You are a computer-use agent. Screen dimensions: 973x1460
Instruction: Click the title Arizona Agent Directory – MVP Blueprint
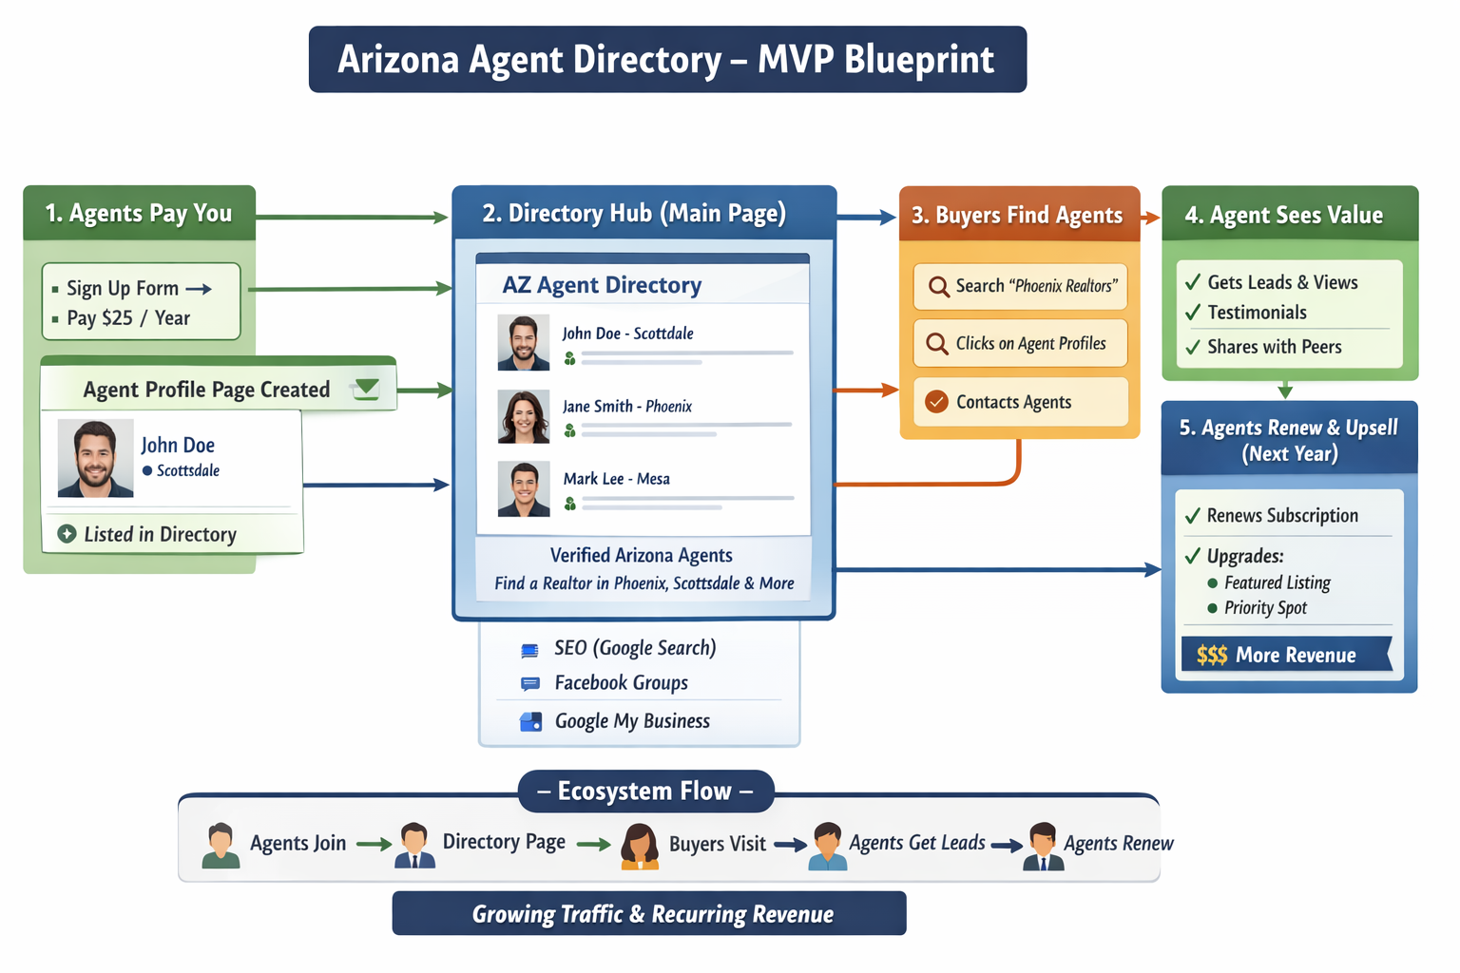click(667, 59)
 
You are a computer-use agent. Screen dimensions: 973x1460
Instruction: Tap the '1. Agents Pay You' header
click(139, 213)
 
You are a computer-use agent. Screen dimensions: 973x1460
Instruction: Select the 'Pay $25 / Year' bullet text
click(128, 318)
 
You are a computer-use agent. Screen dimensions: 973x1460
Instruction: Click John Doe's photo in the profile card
click(95, 458)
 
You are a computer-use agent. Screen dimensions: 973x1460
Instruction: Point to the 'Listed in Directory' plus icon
click(67, 534)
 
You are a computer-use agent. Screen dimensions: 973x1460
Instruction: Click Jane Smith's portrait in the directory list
click(523, 416)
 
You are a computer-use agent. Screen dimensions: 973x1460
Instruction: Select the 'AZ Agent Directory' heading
click(602, 285)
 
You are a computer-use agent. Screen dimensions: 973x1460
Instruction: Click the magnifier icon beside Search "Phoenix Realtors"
click(938, 286)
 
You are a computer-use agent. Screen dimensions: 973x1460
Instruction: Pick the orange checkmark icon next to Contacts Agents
click(936, 402)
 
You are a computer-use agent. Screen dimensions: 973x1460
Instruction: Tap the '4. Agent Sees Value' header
click(1283, 215)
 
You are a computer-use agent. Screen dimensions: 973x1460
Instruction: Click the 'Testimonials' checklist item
click(1257, 313)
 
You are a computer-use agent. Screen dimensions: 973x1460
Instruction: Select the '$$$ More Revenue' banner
click(1284, 655)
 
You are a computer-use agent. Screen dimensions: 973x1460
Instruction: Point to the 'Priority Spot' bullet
click(1265, 608)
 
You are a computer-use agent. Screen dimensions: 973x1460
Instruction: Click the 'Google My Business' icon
click(530, 721)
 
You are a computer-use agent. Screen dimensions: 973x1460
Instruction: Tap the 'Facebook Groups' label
click(621, 683)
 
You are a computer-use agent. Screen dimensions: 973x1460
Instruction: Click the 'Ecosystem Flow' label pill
click(645, 791)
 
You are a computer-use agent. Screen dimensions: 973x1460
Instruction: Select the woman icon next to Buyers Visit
click(640, 846)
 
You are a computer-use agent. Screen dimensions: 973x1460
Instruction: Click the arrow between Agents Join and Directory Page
click(374, 844)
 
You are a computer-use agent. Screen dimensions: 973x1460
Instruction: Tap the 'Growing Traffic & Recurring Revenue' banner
click(649, 914)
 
